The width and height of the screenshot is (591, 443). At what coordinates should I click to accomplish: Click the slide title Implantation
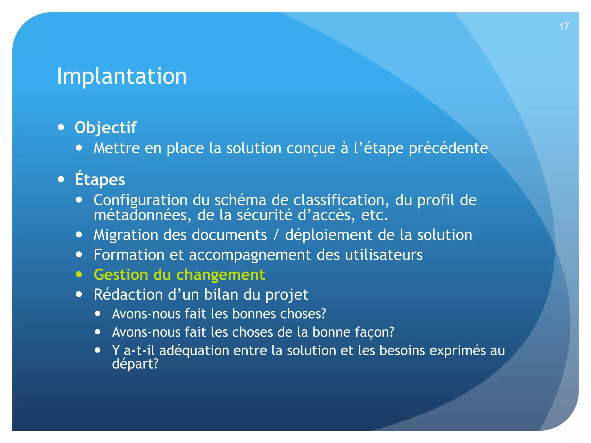click(121, 76)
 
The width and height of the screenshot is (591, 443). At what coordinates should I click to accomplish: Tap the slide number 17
click(564, 27)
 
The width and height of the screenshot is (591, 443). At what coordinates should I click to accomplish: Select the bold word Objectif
click(105, 127)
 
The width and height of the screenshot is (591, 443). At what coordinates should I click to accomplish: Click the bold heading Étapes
click(100, 179)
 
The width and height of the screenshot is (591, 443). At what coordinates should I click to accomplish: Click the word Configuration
click(141, 200)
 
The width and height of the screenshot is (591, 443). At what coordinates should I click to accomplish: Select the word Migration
click(126, 235)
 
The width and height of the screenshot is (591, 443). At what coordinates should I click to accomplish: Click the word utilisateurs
click(384, 255)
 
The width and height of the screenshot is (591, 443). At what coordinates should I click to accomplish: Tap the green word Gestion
click(121, 275)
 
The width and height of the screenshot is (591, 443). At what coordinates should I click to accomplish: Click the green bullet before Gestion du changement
click(79, 274)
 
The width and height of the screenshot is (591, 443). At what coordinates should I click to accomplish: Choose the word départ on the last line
click(133, 364)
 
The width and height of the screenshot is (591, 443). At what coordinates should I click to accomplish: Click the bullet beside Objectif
click(61, 127)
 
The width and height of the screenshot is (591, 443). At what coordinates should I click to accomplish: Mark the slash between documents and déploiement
click(276, 235)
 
